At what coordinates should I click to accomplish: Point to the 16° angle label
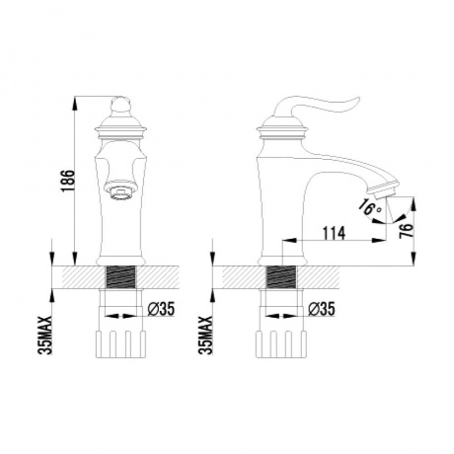(x=367, y=208)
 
